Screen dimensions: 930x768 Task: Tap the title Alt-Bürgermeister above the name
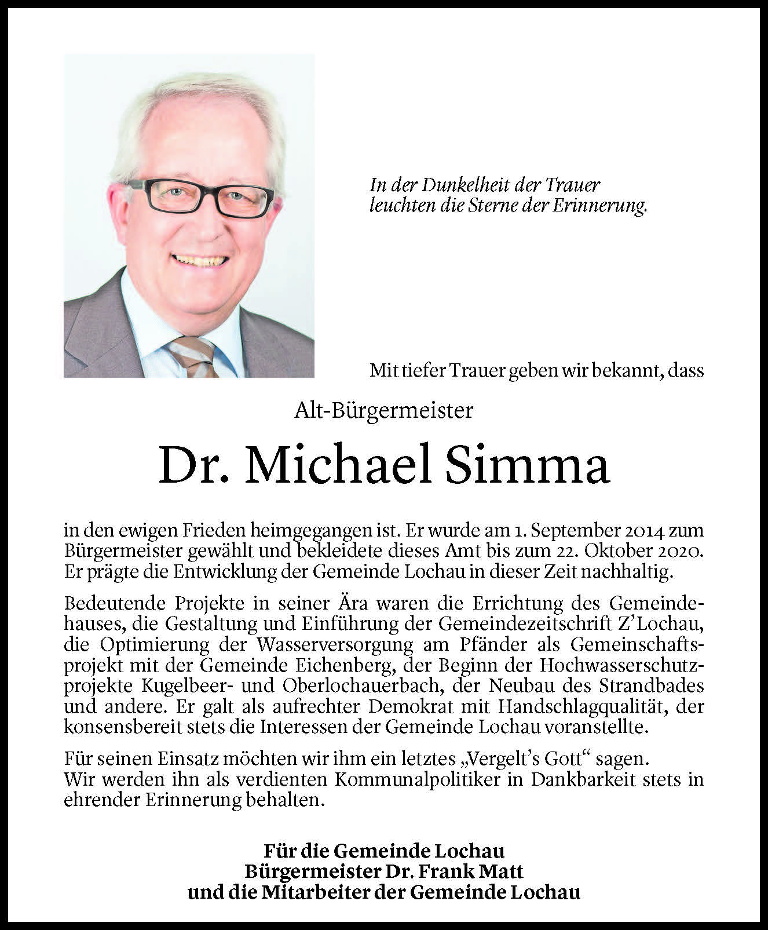click(384, 411)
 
